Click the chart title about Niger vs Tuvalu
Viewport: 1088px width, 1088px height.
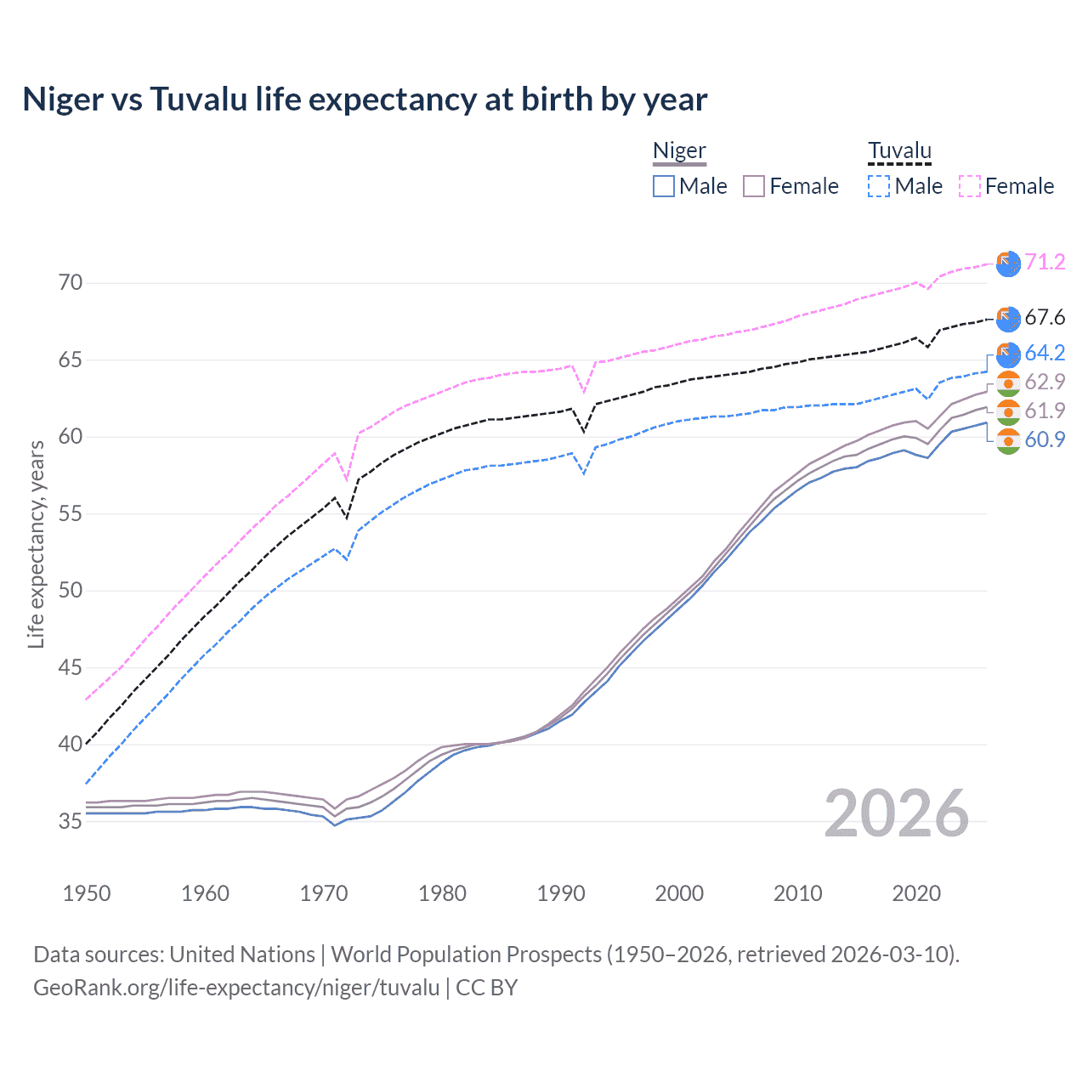pyautogui.click(x=365, y=99)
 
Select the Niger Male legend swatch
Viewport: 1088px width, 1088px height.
pyautogui.click(x=664, y=186)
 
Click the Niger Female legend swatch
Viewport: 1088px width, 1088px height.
pyautogui.click(x=754, y=186)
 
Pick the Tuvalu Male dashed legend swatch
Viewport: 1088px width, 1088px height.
pyautogui.click(x=879, y=186)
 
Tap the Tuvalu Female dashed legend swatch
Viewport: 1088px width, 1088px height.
pyautogui.click(x=970, y=186)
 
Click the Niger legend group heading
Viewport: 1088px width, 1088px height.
pyautogui.click(x=679, y=151)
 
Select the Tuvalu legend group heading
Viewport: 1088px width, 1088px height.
pyautogui.click(x=899, y=151)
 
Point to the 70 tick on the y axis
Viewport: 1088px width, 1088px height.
pyautogui.click(x=71, y=283)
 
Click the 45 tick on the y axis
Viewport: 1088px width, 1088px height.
pyautogui.click(x=71, y=667)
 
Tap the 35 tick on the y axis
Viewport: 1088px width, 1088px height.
pyautogui.click(x=71, y=821)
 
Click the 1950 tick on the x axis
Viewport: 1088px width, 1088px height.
pyautogui.click(x=87, y=893)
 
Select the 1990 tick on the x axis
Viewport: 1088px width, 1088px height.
pyautogui.click(x=561, y=893)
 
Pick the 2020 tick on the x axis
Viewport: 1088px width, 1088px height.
pyautogui.click(x=916, y=893)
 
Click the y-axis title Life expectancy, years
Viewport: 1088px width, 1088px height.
pyautogui.click(x=37, y=544)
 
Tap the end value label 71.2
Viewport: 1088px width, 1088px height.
pyautogui.click(x=1045, y=262)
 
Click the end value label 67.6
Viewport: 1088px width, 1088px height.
pyautogui.click(x=1045, y=318)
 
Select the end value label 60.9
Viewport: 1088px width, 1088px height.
pyautogui.click(x=1045, y=439)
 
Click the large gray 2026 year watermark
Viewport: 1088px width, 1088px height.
pyautogui.click(x=897, y=813)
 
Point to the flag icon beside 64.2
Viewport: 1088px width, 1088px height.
pyautogui.click(x=1008, y=354)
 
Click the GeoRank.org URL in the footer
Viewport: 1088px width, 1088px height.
pyautogui.click(x=236, y=988)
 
